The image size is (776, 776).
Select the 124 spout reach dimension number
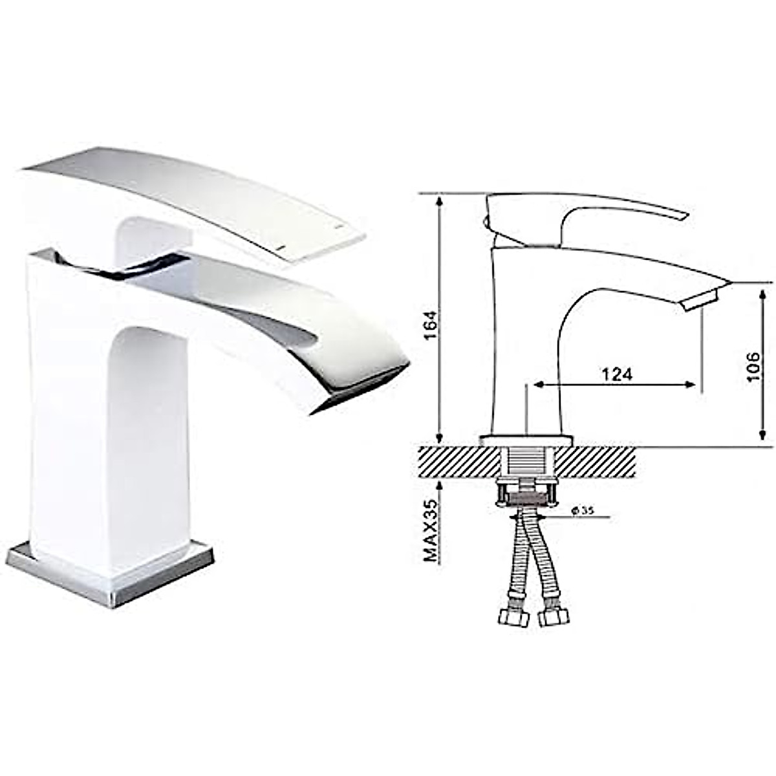point(616,374)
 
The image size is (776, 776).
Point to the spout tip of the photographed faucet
point(362,388)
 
